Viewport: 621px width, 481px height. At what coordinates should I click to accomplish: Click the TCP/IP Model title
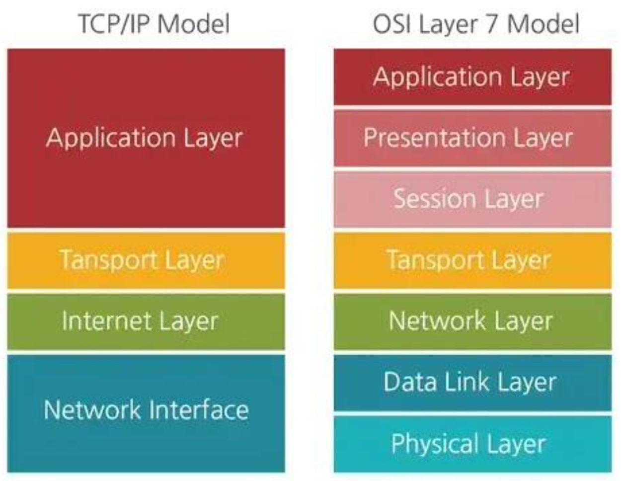[x=154, y=24]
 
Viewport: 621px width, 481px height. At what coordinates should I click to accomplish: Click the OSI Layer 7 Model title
[x=476, y=24]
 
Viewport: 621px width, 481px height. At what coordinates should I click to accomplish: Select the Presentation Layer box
[x=472, y=138]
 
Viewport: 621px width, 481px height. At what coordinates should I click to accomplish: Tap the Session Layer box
[x=472, y=199]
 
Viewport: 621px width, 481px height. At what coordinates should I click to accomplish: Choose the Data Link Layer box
[x=472, y=383]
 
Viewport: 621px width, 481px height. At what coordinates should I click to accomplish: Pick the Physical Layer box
[x=472, y=444]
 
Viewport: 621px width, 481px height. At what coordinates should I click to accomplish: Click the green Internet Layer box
[x=146, y=321]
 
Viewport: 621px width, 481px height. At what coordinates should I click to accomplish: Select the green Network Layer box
[x=472, y=321]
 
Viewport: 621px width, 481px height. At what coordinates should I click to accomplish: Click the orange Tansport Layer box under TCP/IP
[x=146, y=260]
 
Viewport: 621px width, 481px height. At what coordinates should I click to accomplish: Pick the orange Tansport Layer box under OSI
[x=472, y=260]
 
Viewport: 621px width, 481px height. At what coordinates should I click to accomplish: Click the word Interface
[x=199, y=410]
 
